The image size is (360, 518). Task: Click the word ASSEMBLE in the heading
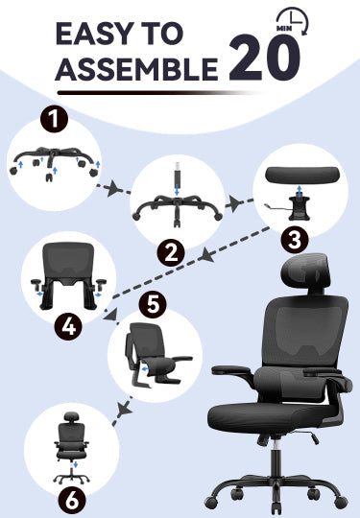pyautogui.click(x=134, y=70)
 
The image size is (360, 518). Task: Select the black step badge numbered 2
pyautogui.click(x=171, y=253)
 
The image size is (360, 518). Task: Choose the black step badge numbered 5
pyautogui.click(x=154, y=305)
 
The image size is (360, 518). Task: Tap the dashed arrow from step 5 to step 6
pyautogui.click(x=120, y=407)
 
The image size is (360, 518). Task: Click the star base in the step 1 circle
pyautogui.click(x=54, y=156)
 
